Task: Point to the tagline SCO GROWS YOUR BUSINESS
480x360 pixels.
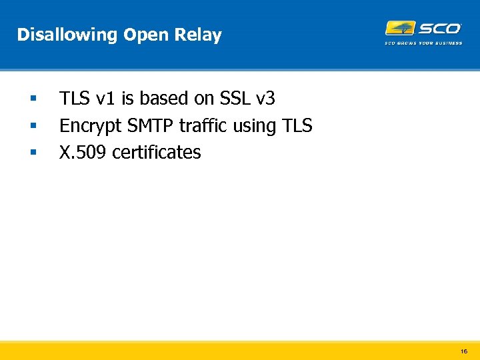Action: (423, 43)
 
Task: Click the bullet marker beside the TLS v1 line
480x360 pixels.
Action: (32, 99)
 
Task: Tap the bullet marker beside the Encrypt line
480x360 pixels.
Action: (32, 126)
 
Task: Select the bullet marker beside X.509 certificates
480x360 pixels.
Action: (32, 153)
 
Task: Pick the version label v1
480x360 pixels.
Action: (105, 99)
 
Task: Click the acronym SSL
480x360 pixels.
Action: (235, 99)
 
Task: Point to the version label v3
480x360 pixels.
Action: (266, 99)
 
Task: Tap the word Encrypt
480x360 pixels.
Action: (87, 126)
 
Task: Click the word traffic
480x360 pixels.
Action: (203, 125)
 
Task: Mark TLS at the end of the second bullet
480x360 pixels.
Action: (297, 125)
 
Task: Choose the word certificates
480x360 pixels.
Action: (156, 153)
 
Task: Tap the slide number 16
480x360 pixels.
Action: (464, 350)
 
